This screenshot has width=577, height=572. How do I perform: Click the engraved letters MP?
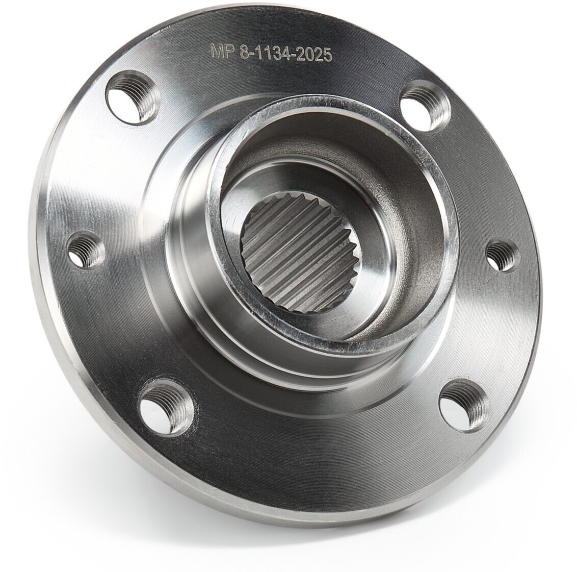222,51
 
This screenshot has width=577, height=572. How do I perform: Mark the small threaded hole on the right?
502,255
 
